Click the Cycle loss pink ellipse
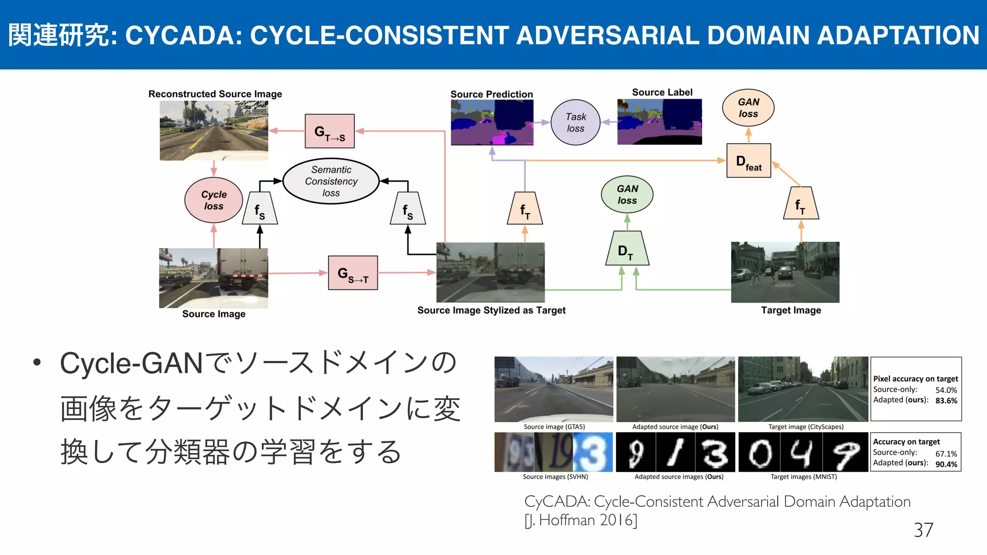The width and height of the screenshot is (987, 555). tap(213, 200)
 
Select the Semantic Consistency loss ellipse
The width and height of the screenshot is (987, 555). tap(331, 181)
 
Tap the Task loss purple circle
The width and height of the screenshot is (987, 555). tap(575, 122)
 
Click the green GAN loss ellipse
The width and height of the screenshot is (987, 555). tap(627, 195)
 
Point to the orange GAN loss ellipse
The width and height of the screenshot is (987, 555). tap(748, 108)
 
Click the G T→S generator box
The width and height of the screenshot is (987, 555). tap(330, 131)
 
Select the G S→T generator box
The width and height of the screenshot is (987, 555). tap(353, 273)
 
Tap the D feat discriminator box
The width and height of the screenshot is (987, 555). tap(748, 161)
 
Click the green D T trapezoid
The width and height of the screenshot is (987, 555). tap(627, 249)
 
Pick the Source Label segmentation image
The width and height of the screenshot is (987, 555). tap(659, 122)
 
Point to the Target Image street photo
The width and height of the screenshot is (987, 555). tap(785, 272)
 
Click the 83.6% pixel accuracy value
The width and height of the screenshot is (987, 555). tap(946, 401)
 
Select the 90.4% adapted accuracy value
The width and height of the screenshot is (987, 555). tap(946, 464)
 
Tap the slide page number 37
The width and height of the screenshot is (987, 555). tap(923, 530)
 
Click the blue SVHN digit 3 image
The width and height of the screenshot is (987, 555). tap(593, 452)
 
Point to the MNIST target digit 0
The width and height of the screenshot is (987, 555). tap(760, 453)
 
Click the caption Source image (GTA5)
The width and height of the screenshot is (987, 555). tap(554, 427)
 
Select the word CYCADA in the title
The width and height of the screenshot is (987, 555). tap(184, 36)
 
